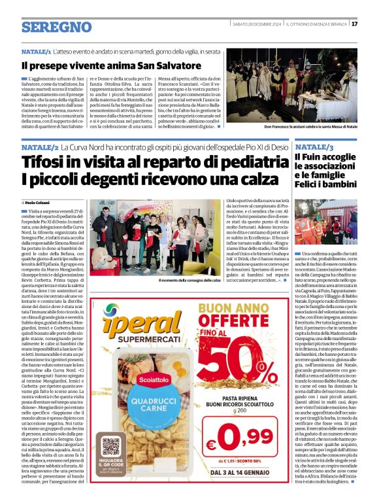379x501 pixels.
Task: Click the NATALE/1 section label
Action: point(36,51)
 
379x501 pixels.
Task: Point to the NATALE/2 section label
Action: point(39,149)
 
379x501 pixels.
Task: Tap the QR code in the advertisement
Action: point(112,450)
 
